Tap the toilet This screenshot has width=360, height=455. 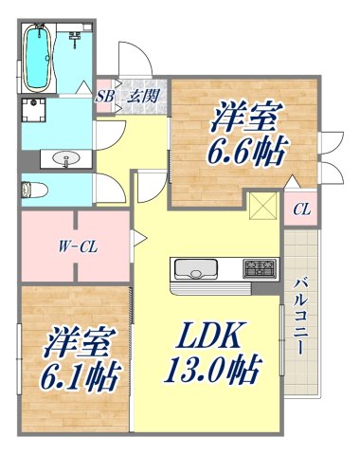28,187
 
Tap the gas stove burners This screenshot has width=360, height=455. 258,269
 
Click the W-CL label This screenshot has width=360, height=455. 73,247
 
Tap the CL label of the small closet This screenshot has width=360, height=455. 301,209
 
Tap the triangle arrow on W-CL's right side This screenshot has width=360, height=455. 138,243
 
